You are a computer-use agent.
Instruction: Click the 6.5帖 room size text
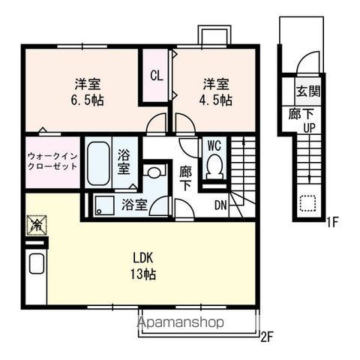click(x=84, y=99)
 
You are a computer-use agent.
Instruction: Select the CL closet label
click(x=157, y=75)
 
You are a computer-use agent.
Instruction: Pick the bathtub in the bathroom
click(x=98, y=163)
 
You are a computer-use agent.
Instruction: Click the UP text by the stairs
click(x=308, y=127)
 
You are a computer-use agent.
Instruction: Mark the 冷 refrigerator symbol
click(x=36, y=223)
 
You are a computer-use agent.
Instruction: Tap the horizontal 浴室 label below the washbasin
click(x=135, y=204)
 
